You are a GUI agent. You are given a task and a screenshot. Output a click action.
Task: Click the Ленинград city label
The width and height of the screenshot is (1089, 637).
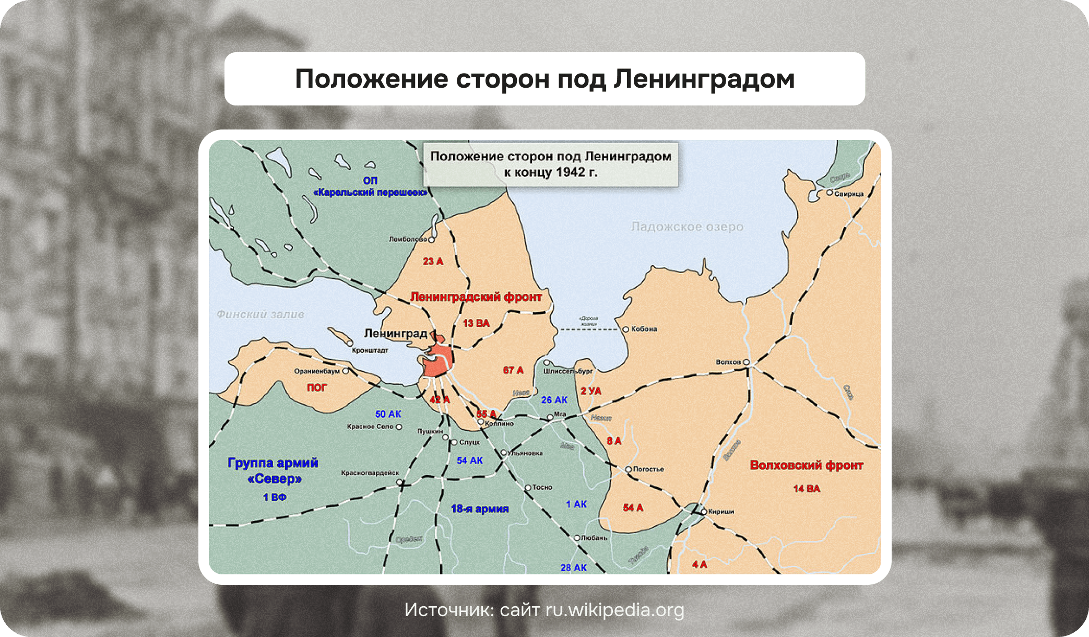click(x=395, y=333)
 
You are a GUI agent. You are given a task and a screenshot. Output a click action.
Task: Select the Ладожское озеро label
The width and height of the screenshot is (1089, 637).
click(x=686, y=227)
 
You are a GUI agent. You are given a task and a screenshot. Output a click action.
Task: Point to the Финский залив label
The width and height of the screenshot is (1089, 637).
click(x=260, y=314)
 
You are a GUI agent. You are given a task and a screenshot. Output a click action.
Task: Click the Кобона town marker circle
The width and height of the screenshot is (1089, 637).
click(x=625, y=329)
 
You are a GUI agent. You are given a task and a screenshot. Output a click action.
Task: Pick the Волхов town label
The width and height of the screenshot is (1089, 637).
click(x=728, y=362)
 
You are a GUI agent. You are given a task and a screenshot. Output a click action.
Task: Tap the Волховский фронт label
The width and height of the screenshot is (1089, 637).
click(x=806, y=465)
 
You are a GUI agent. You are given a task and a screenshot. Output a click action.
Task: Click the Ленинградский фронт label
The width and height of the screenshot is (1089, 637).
click(x=476, y=297)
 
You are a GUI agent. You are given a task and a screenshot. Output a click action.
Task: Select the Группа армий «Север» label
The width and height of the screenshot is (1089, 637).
click(x=273, y=470)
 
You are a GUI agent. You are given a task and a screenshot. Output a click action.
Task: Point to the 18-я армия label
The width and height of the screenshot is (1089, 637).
click(x=479, y=509)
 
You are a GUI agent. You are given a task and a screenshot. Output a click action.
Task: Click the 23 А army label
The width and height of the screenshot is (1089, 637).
click(x=433, y=261)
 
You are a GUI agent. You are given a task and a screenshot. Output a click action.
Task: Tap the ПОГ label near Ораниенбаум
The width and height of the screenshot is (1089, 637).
click(x=316, y=387)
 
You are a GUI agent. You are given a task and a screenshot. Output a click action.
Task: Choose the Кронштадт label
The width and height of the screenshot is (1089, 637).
click(x=370, y=350)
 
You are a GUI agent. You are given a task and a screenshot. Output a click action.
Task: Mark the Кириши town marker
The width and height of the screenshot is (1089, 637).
click(x=704, y=512)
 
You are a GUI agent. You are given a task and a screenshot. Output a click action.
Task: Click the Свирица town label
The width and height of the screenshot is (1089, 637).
click(x=848, y=194)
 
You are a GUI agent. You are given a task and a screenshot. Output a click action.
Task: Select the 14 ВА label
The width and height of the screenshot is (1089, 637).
click(x=806, y=489)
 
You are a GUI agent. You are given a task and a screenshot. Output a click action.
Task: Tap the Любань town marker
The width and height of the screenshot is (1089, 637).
click(x=577, y=537)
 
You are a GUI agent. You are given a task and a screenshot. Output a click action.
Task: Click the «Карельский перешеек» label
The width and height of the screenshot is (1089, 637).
click(x=370, y=193)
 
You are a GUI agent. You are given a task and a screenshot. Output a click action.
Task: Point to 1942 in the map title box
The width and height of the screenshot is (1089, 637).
click(x=570, y=172)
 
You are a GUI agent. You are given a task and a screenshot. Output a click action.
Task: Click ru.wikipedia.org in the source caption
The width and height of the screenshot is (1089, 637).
click(x=614, y=610)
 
